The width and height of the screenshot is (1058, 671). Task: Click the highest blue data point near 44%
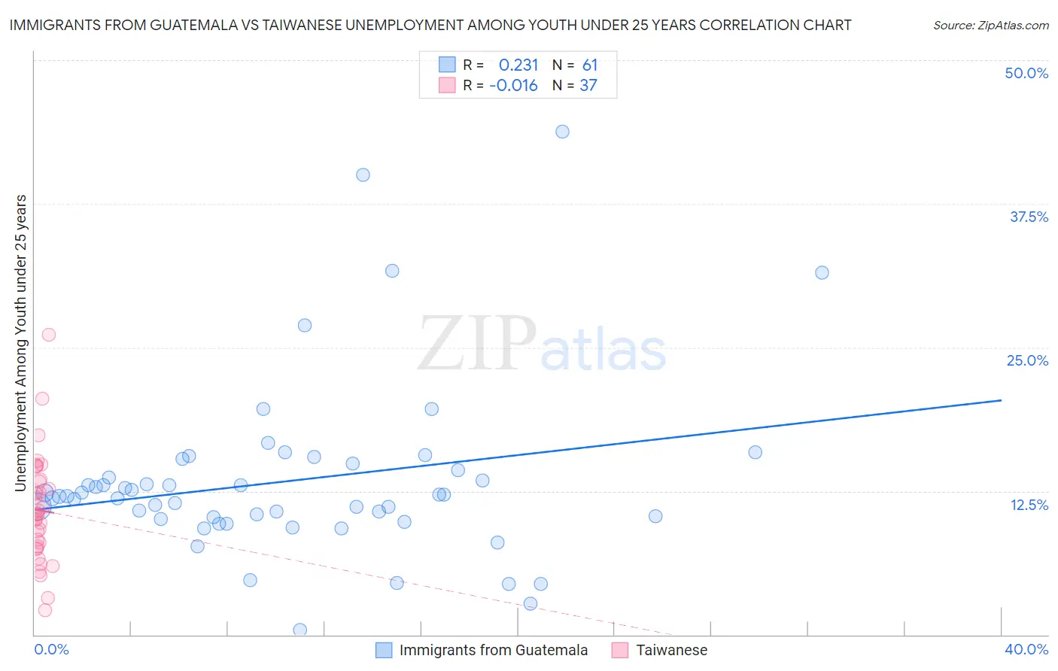562,132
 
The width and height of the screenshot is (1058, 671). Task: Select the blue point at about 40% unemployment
363,175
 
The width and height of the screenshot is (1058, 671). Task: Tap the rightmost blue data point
822,272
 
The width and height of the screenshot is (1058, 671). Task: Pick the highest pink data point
49,335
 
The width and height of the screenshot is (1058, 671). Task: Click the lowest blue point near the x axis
299,630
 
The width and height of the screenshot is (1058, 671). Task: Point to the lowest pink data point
45,610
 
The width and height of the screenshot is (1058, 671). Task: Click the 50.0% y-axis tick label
1026,73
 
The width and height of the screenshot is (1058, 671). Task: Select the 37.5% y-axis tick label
1029,217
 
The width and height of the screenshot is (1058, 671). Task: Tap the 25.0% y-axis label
1027,360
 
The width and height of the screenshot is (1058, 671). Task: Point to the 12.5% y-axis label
1029,505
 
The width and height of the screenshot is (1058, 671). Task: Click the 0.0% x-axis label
51,649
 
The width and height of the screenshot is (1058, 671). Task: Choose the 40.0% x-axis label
1026,649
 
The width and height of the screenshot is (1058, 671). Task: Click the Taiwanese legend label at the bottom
671,650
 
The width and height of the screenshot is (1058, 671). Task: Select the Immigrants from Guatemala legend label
493,650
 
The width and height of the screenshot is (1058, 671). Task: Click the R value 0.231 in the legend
518,65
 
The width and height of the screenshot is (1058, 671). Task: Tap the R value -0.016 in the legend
513,86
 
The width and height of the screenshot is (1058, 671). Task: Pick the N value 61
590,65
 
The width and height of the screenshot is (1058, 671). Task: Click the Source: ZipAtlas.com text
990,25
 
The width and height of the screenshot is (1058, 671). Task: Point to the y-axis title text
21,343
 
